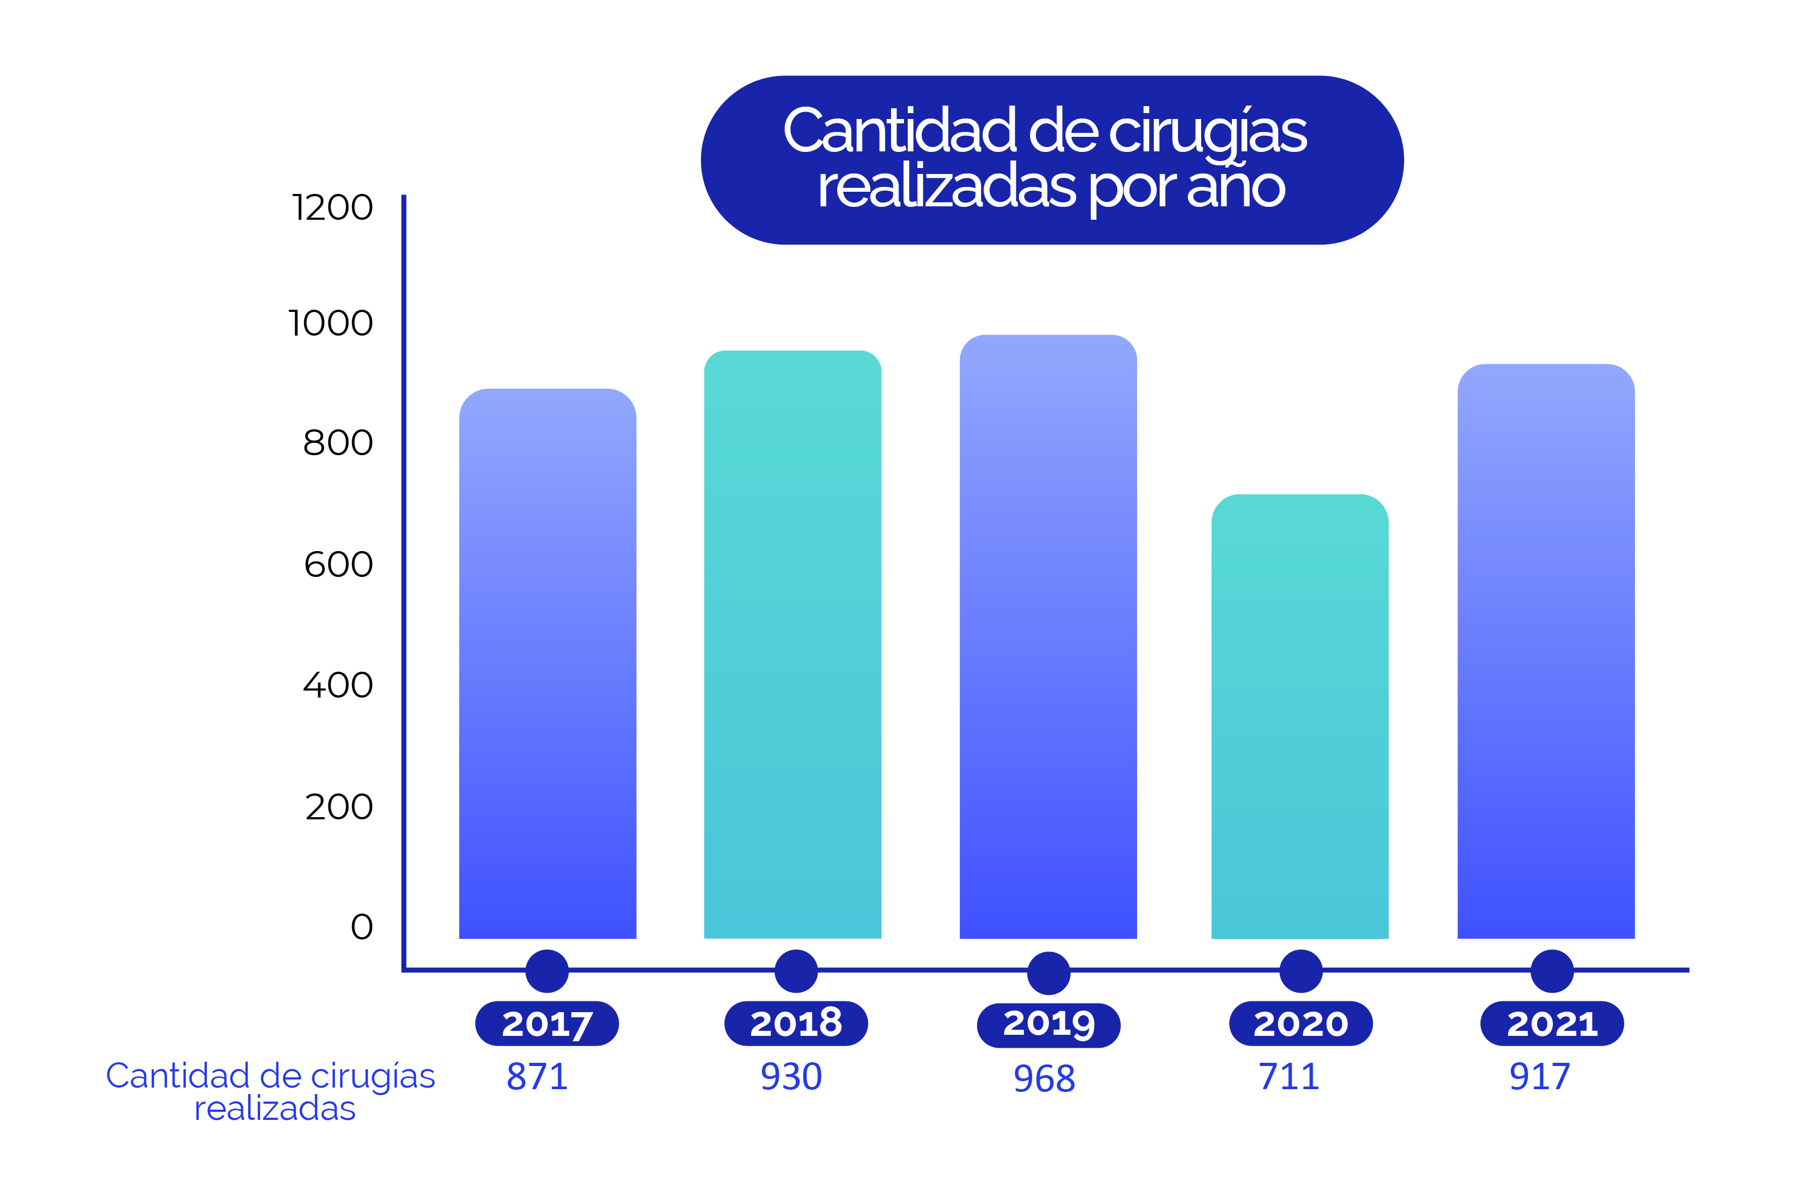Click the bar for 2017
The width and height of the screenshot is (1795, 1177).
click(x=548, y=664)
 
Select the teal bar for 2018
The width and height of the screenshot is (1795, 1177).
click(x=793, y=645)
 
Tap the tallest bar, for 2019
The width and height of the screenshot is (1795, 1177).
click(x=1048, y=638)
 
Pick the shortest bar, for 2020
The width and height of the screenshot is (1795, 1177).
click(x=1300, y=717)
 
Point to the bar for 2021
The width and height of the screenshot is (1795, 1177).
click(x=1546, y=653)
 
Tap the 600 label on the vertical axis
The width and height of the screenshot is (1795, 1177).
click(x=339, y=565)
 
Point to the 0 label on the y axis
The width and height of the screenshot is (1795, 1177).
click(x=362, y=927)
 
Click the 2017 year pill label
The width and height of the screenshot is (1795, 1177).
click(x=547, y=1024)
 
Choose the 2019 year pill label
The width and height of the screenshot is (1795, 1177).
click(x=1048, y=1025)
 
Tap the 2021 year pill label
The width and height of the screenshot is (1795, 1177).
click(x=1552, y=1024)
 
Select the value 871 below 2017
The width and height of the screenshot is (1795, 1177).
click(x=537, y=1077)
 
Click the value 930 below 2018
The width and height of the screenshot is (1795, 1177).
click(x=791, y=1077)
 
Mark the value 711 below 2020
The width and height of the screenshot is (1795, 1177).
click(x=1289, y=1077)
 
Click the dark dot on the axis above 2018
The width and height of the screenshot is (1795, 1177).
click(x=796, y=971)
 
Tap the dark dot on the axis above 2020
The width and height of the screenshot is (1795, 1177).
click(x=1301, y=971)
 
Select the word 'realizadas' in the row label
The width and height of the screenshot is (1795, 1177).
click(x=275, y=1109)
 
